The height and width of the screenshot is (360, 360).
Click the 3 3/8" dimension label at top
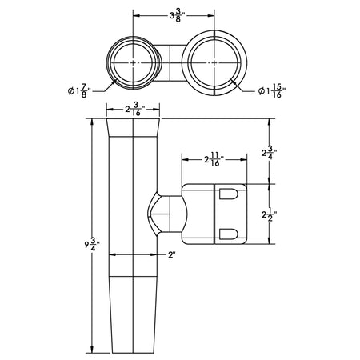[178, 16]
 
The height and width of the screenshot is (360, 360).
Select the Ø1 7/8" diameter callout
[80, 91]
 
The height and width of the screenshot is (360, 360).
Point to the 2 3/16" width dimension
[135, 109]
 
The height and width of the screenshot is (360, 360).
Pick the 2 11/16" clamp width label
[214, 160]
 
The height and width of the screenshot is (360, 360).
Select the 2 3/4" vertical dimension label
[269, 153]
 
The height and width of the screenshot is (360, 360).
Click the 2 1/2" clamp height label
[269, 214]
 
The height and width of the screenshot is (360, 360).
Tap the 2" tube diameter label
[172, 255]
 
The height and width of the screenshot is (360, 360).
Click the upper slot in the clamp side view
[228, 194]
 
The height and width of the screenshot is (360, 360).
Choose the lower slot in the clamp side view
[228, 234]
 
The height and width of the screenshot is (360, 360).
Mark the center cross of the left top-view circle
[133, 63]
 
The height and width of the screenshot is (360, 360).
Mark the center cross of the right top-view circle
[214, 63]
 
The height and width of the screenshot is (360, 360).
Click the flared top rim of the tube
[133, 128]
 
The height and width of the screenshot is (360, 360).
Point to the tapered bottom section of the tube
[133, 314]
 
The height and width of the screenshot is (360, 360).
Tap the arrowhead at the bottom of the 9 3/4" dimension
[92, 350]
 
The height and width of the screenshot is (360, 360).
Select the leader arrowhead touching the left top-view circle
[114, 82]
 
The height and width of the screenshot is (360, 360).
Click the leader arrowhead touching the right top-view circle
[234, 82]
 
